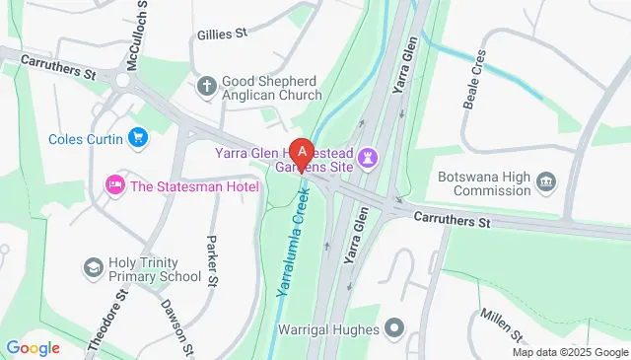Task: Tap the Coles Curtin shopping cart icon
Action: pos(138,138)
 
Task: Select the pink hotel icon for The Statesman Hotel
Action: pos(114,184)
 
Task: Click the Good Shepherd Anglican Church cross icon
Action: pos(206,86)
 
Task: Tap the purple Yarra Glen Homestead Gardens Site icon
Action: pos(369,157)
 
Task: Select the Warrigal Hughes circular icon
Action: pos(395,326)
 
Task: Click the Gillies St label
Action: pos(221,34)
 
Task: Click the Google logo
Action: pos(33,347)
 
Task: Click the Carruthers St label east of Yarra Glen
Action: pos(452,219)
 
